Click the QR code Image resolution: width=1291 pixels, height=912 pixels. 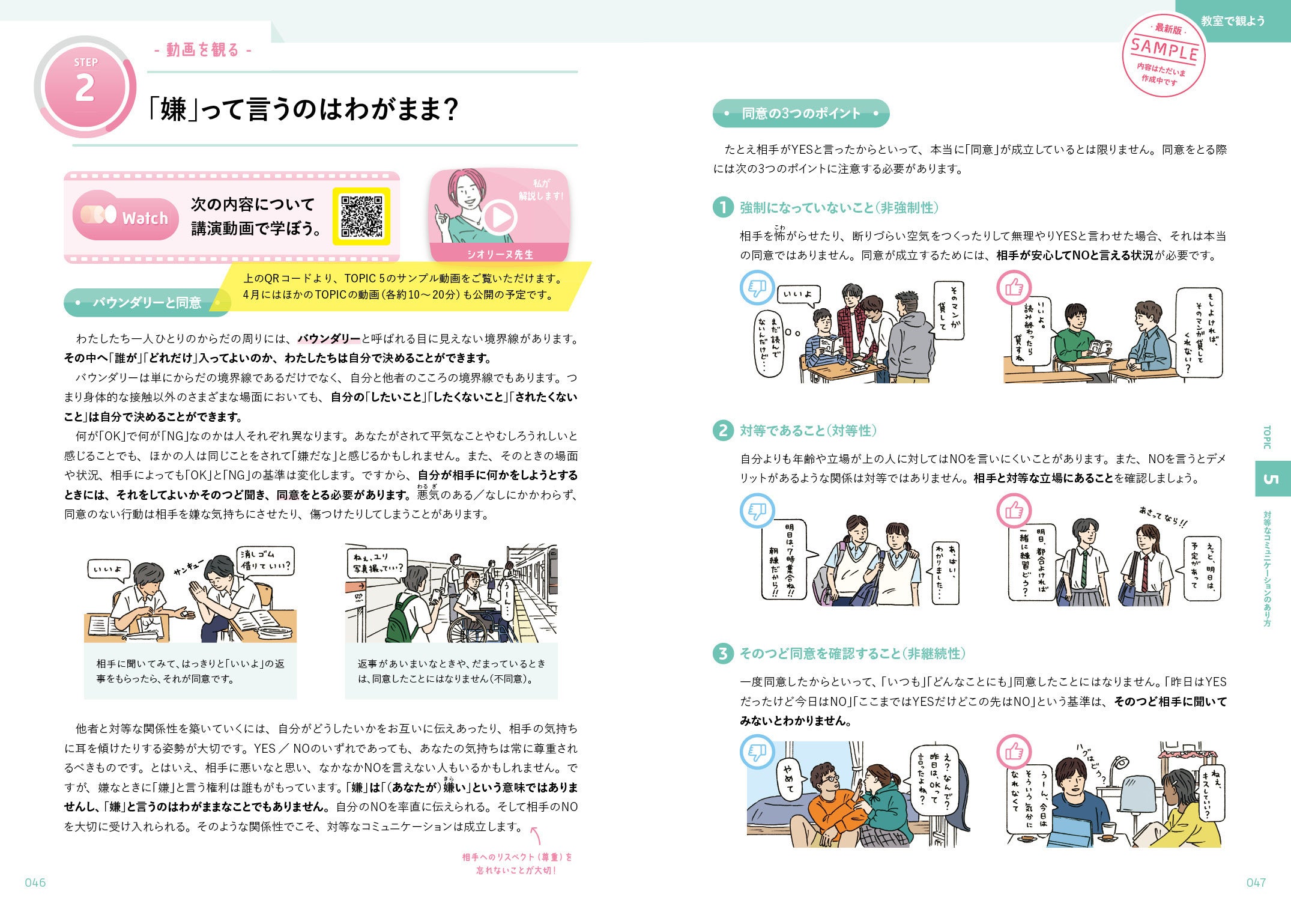(x=361, y=216)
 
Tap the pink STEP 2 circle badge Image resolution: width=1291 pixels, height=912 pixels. (x=85, y=87)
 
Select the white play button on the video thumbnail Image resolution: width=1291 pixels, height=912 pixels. (x=500, y=217)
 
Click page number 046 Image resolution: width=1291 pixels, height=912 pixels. (x=35, y=883)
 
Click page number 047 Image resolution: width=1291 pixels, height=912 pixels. (x=1256, y=883)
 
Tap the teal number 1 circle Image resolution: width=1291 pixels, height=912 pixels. (x=723, y=208)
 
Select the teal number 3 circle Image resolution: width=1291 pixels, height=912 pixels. (x=723, y=654)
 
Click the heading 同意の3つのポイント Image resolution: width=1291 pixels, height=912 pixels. (x=801, y=114)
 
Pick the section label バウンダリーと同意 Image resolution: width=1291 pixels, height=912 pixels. (x=147, y=303)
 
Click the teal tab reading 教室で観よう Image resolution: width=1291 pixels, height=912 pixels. (x=1233, y=21)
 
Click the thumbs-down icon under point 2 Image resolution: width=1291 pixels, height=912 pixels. (x=757, y=511)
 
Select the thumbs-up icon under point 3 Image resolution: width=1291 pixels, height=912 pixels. (x=1014, y=751)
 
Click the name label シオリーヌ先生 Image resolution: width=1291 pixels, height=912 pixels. (x=500, y=254)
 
